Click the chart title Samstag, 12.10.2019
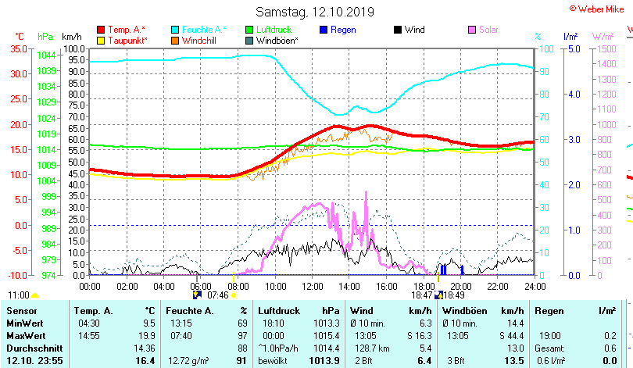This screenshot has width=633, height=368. pyautogui.click(x=314, y=12)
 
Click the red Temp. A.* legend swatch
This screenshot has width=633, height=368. pyautogui.click(x=101, y=30)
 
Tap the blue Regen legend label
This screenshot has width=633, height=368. pyautogui.click(x=343, y=30)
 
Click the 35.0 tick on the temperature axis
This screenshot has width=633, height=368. pyautogui.click(x=18, y=48)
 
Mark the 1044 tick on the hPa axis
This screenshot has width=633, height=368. pyautogui.click(x=46, y=55)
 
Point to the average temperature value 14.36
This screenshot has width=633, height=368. pyautogui.click(x=145, y=348)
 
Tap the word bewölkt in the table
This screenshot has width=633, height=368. pyautogui.click(x=274, y=360)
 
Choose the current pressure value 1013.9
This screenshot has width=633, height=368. pyautogui.click(x=324, y=360)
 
